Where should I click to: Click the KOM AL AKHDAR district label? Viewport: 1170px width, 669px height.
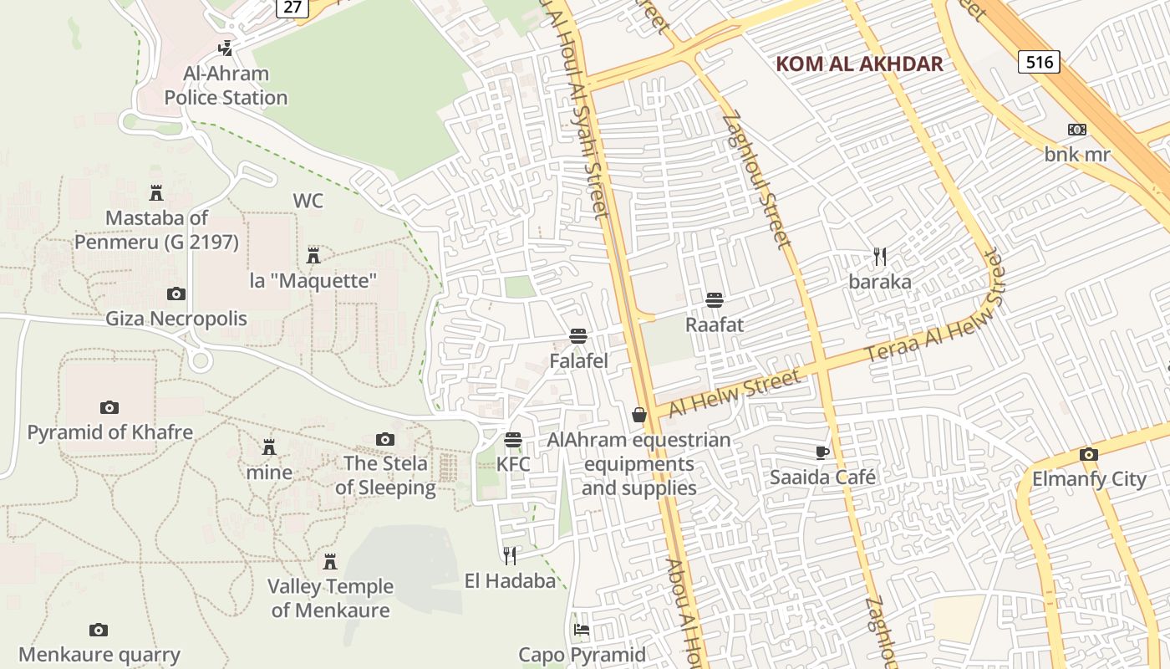pos(859,64)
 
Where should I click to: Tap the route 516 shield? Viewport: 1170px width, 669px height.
pos(1039,61)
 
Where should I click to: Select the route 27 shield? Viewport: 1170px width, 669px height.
pos(292,8)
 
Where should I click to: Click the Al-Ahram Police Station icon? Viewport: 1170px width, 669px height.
pos(225,49)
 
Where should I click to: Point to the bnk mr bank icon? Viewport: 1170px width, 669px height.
pos(1077,130)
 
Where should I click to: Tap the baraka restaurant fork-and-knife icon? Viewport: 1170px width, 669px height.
pos(879,256)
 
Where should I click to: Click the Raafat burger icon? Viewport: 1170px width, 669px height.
pos(714,299)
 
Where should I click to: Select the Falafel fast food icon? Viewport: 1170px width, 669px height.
pos(578,336)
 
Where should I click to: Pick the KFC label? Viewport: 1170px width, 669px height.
pos(513,463)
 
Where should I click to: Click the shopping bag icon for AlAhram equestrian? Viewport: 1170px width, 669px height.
pos(639,414)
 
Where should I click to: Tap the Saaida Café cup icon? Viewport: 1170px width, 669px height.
pos(822,452)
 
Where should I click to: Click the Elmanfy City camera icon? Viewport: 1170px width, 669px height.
pos(1088,454)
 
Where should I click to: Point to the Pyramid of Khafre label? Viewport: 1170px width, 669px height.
pos(110,432)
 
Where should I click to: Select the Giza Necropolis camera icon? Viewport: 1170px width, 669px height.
pos(175,294)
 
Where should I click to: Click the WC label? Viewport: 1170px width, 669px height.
pos(308,201)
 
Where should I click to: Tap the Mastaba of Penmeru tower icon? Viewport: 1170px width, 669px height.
pos(156,193)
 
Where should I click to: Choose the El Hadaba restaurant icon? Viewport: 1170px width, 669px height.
pos(510,555)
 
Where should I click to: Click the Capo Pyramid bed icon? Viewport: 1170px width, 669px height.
pos(582,629)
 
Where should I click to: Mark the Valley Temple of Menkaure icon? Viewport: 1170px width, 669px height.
pos(330,561)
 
